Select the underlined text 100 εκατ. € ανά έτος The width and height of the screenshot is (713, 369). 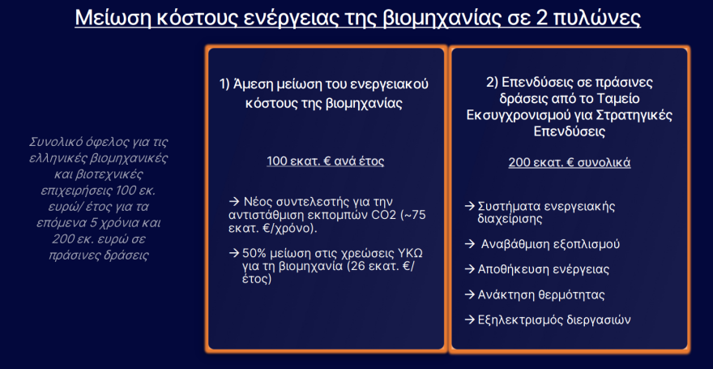click(326, 161)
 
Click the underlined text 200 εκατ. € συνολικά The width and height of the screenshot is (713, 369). click(570, 162)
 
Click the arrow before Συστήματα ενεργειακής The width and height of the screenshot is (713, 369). click(470, 206)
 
